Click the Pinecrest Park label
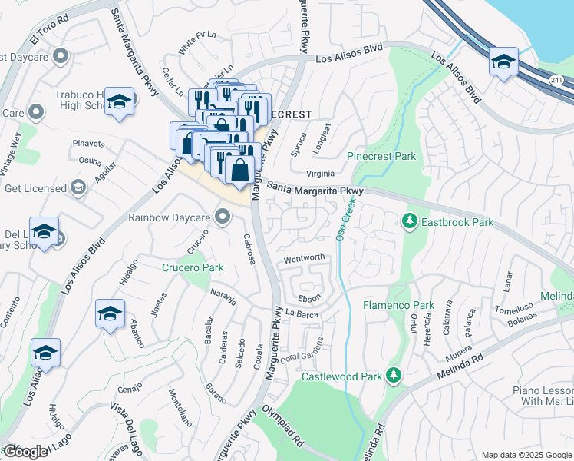381,156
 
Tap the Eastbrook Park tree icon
410,222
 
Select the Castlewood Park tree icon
394,375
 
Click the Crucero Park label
193,267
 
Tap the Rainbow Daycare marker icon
223,217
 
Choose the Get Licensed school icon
78,187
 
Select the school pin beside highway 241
503,61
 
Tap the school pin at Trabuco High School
120,101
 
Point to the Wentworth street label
305,257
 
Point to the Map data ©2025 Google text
526,455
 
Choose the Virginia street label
322,174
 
